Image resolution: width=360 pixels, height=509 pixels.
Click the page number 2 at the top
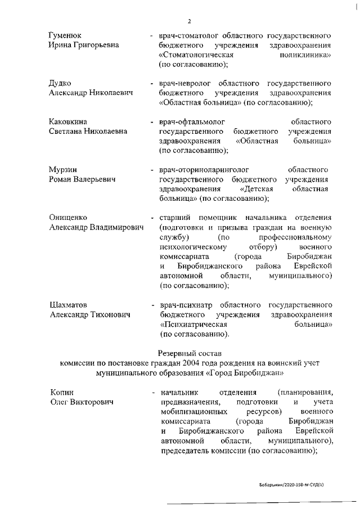pyautogui.click(x=189, y=21)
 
